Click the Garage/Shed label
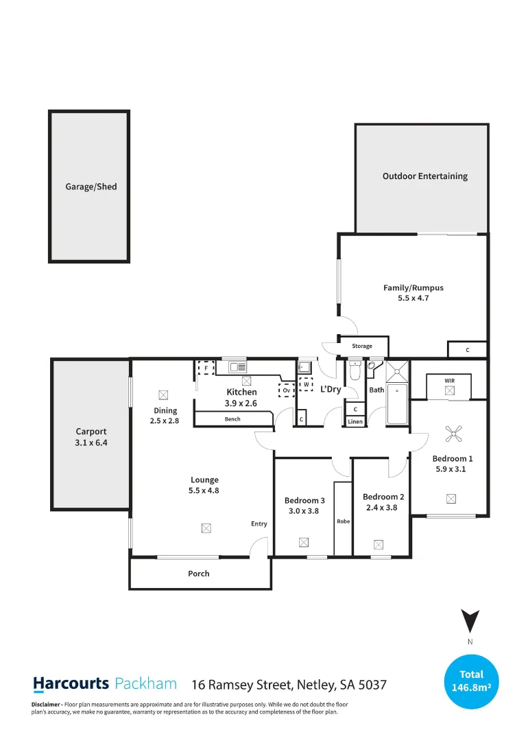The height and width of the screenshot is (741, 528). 91,187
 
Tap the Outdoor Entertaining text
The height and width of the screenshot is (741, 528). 424,176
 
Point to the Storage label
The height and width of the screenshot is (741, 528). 362,346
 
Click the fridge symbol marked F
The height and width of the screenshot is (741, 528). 204,368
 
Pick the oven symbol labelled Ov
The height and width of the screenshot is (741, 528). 286,390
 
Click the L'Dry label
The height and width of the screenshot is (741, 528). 331,389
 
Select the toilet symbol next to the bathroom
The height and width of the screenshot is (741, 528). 355,372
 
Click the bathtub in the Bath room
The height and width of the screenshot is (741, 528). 397,405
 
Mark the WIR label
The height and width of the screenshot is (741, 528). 449,380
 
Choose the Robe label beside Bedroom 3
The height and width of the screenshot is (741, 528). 343,521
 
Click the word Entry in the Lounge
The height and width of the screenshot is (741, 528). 259,524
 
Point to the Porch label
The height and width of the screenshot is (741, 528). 199,574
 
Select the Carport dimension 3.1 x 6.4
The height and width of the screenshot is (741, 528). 91,443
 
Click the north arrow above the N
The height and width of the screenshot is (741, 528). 470,621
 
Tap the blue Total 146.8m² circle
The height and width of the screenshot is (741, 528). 472,681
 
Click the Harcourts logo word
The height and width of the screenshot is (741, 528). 71,683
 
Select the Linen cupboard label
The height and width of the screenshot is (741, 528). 355,421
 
